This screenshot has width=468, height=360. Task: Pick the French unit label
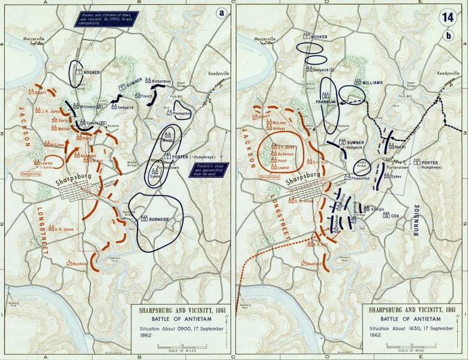146,95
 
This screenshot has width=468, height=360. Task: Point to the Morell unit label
400,147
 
